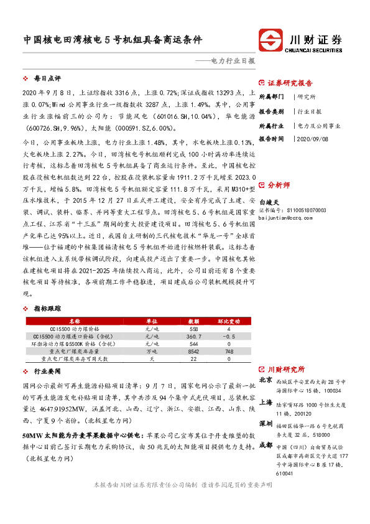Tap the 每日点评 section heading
coord(47,79)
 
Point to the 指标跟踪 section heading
coord(47,308)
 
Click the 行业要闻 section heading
coord(47,370)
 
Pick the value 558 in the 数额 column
coord(194,329)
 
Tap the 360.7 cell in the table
coord(194,336)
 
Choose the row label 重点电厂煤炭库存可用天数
coord(75,359)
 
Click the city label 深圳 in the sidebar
coord(266,424)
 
